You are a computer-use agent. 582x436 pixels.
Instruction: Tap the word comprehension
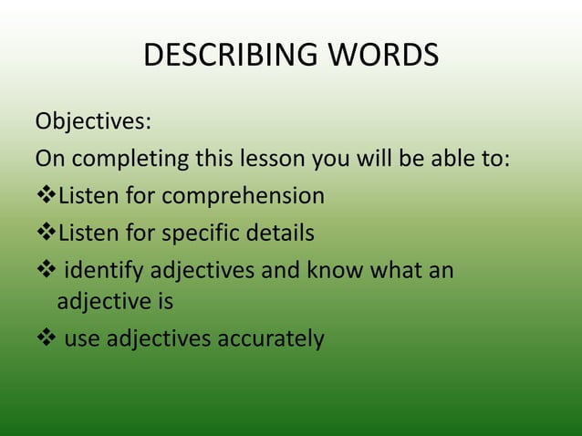click(x=243, y=196)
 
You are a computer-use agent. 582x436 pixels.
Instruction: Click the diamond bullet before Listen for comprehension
click(x=46, y=196)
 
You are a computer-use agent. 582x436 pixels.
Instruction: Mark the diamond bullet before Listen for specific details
click(x=46, y=234)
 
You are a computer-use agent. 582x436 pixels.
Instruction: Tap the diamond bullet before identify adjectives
click(x=46, y=271)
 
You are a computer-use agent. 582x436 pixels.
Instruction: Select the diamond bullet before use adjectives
click(x=46, y=339)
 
